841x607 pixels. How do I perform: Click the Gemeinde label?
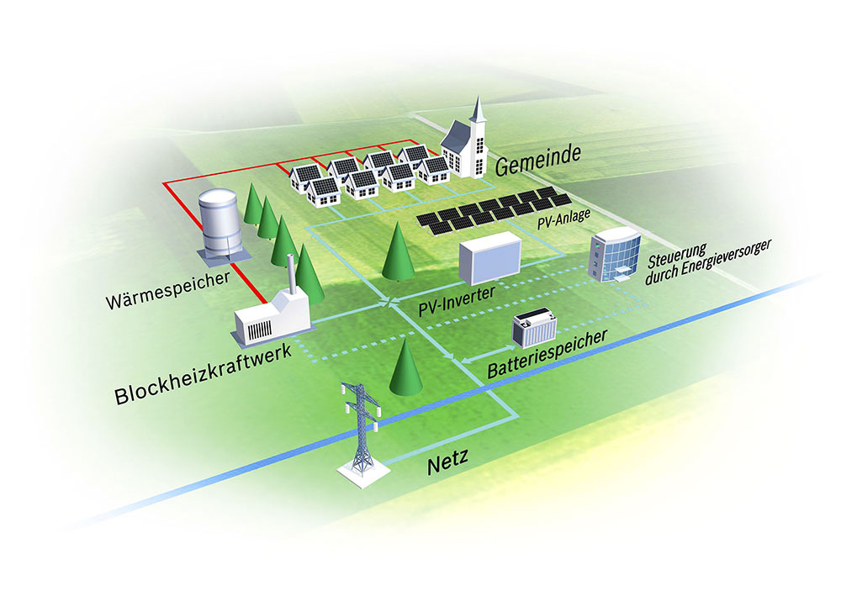[x=538, y=159]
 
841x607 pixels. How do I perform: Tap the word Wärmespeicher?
[x=168, y=290]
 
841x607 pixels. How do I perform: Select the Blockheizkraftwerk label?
[x=204, y=375]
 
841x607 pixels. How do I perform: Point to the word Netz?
[x=448, y=462]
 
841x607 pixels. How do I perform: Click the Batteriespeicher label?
[x=547, y=354]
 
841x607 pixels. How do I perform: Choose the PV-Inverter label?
[x=457, y=301]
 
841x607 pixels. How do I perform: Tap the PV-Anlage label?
[x=564, y=219]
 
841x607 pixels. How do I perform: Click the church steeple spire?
[x=478, y=110]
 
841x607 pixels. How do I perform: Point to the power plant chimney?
[x=292, y=274]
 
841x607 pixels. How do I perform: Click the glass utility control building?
[x=615, y=254]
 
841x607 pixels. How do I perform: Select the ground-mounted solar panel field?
[x=494, y=211]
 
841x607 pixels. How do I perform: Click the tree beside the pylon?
[x=405, y=368]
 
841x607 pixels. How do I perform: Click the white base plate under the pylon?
[x=363, y=474]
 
